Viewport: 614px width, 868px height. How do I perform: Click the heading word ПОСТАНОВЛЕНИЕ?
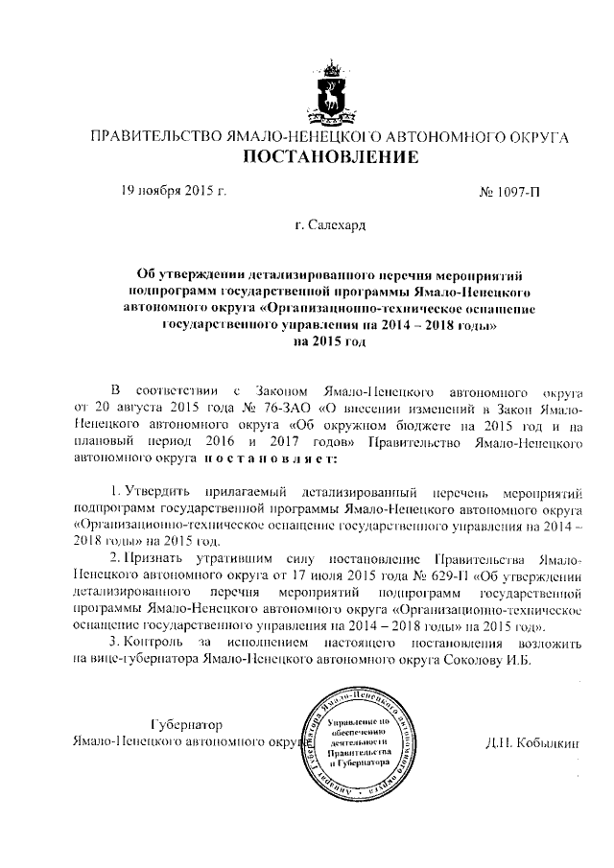click(x=330, y=157)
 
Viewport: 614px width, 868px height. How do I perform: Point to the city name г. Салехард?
click(x=330, y=226)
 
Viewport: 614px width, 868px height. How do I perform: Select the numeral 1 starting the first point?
click(x=114, y=490)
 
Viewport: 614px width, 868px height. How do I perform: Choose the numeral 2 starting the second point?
click(x=114, y=557)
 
